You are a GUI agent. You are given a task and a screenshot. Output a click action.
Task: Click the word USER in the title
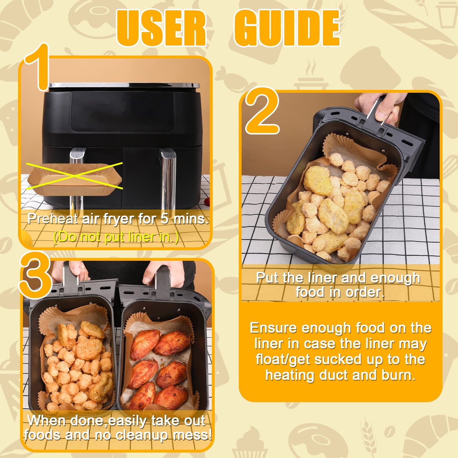(x=162, y=28)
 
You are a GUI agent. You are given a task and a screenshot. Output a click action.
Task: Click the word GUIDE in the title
(x=287, y=28)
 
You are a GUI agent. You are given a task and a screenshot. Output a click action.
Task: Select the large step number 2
(x=262, y=111)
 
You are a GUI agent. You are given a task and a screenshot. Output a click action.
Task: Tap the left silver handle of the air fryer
(x=77, y=180)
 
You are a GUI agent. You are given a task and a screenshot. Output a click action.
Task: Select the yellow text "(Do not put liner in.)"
(x=116, y=237)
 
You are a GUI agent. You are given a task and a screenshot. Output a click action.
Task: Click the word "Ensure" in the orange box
(x=273, y=328)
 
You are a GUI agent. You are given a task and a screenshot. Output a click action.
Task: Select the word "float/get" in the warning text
(x=282, y=360)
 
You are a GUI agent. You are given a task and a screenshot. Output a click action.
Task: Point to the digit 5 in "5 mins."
(x=165, y=219)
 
